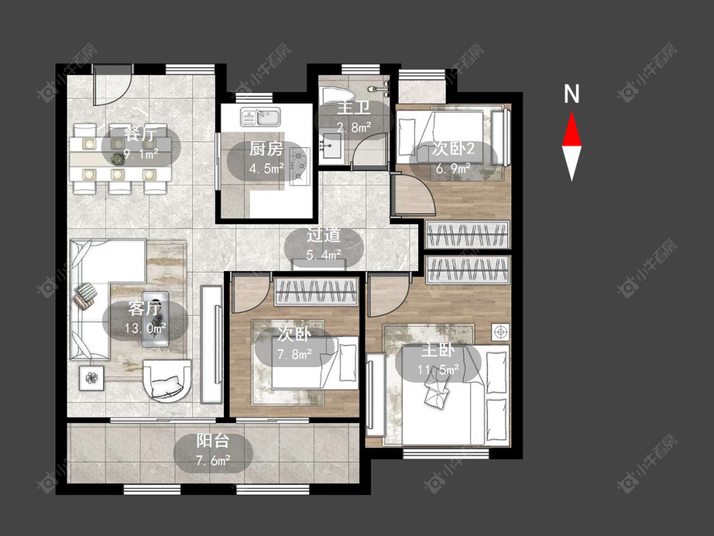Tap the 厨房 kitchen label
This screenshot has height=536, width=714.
tap(266, 149)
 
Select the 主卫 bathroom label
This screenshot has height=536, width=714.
tap(354, 108)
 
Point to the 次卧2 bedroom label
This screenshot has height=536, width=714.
tap(453, 149)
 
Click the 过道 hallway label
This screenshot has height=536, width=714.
tap(323, 235)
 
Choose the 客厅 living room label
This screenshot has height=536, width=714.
tap(144, 309)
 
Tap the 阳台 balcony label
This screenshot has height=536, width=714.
tap(213, 441)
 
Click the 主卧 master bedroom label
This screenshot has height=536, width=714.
tap(437, 351)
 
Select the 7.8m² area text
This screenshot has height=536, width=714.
tap(294, 354)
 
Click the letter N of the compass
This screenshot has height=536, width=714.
tap(571, 94)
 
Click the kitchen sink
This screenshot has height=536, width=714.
tap(260, 117)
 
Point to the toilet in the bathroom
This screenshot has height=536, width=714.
tap(337, 96)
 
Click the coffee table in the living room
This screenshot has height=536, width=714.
tap(155, 319)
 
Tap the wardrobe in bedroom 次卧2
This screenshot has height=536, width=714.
tap(468, 234)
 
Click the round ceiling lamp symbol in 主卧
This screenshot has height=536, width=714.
tap(501, 332)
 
